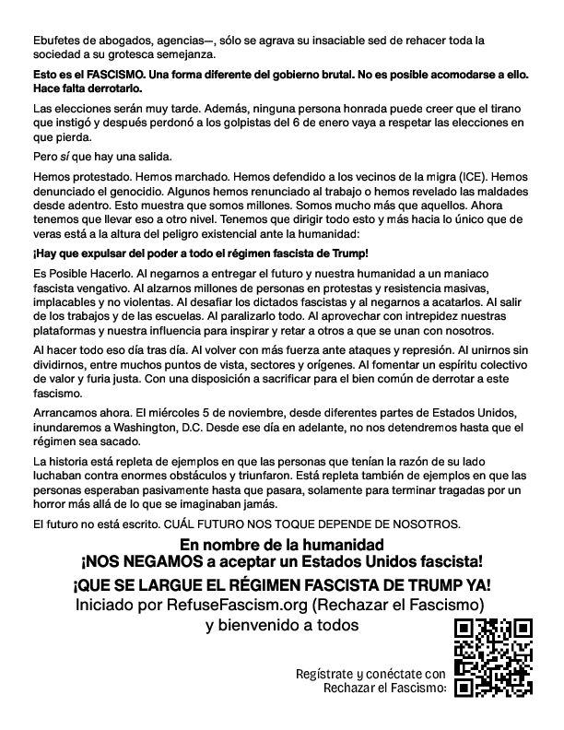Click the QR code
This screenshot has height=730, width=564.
click(494, 655)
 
